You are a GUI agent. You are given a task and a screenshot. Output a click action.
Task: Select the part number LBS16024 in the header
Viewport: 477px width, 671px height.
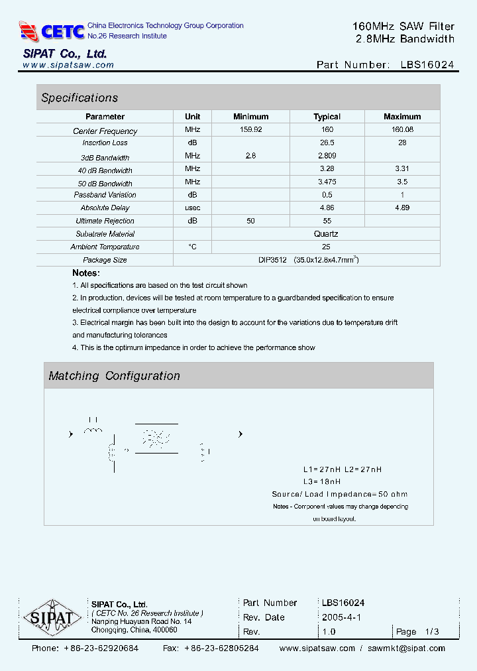pyautogui.click(x=427, y=65)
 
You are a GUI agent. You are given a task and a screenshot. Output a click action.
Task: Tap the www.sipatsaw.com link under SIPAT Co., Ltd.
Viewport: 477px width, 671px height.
pyautogui.click(x=68, y=65)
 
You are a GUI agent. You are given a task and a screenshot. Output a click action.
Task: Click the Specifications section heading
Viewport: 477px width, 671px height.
pyautogui.click(x=79, y=98)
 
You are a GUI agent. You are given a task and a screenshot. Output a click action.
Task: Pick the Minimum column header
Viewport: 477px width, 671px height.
pyautogui.click(x=250, y=117)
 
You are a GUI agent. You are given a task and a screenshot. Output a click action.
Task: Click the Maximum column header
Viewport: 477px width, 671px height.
pyautogui.click(x=402, y=117)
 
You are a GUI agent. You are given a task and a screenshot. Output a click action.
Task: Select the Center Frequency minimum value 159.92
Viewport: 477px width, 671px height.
pyautogui.click(x=250, y=130)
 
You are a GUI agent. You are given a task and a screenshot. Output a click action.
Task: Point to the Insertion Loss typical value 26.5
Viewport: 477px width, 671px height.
pyautogui.click(x=327, y=143)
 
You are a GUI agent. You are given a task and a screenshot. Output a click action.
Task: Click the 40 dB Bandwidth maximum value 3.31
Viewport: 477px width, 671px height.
pyautogui.click(x=402, y=169)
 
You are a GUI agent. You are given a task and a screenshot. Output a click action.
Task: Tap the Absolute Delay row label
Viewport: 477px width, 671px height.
pyautogui.click(x=105, y=208)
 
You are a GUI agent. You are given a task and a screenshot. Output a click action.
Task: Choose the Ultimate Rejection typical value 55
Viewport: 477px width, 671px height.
pyautogui.click(x=327, y=221)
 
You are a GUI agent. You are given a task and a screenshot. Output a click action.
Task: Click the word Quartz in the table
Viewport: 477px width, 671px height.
pyautogui.click(x=326, y=234)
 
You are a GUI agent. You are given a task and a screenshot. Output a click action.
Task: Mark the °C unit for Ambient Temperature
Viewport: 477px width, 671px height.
pyautogui.click(x=192, y=247)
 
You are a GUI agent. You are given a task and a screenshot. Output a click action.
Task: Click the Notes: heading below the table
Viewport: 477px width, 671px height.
pyautogui.click(x=86, y=273)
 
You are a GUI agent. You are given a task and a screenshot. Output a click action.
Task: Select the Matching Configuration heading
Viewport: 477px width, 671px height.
pyautogui.click(x=114, y=376)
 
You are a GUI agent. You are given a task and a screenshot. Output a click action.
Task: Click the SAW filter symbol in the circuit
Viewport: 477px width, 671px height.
pyautogui.click(x=156, y=438)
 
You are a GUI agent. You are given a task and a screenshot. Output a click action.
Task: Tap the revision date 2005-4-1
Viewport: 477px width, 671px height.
pyautogui.click(x=341, y=617)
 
